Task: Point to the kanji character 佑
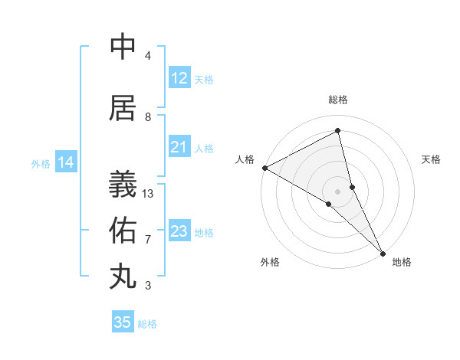[x=123, y=229]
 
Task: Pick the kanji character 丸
[x=123, y=276]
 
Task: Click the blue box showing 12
[x=179, y=78]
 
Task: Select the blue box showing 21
[x=179, y=147]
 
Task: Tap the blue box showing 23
[x=179, y=231]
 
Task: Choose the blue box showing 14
[x=66, y=162]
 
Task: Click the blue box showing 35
[x=123, y=322]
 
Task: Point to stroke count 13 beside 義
[x=148, y=194]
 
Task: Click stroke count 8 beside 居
[x=148, y=117]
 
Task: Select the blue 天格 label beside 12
[x=204, y=79]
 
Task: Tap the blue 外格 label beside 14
[x=41, y=163]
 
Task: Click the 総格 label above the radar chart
[x=338, y=100]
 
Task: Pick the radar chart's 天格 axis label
[x=432, y=159]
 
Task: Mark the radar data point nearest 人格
[x=264, y=168]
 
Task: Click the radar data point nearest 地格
[x=382, y=252]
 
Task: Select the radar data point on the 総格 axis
[x=338, y=131]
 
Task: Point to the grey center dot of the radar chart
[x=338, y=191]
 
